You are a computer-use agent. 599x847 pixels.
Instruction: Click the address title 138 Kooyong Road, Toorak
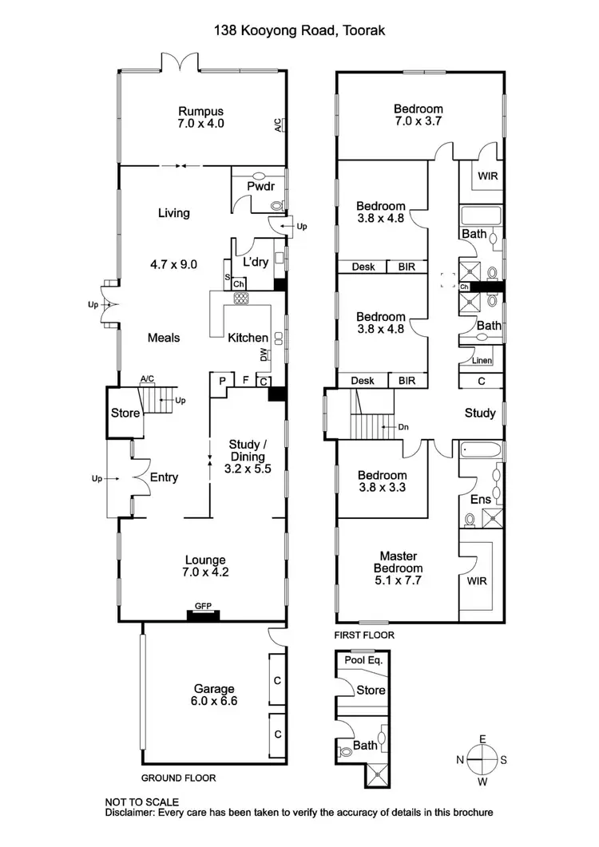point(299,31)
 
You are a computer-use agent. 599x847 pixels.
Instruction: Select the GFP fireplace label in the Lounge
point(203,606)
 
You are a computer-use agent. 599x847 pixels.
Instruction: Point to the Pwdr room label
point(260,186)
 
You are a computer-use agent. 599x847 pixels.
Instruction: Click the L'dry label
point(256,262)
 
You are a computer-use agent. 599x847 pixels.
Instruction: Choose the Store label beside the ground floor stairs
point(125,414)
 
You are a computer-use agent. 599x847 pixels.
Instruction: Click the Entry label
point(163,477)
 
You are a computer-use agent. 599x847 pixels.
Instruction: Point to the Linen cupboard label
point(482,361)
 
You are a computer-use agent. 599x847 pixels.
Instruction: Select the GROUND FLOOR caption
point(178,778)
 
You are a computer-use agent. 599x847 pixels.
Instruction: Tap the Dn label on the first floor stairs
point(403,426)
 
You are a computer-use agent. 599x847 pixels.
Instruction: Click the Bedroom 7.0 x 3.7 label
point(418,115)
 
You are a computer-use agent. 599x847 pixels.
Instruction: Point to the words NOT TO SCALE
point(141,801)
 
